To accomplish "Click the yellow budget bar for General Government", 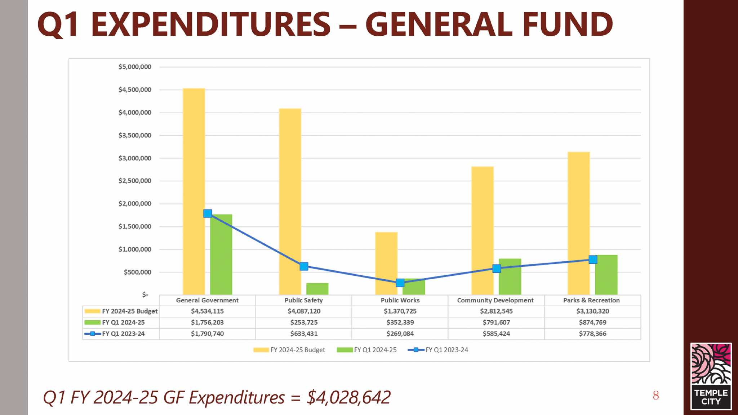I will [194, 191].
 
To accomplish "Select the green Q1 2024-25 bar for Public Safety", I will [317, 289].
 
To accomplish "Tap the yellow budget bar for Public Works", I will [386, 263].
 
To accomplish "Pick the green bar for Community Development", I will [510, 276].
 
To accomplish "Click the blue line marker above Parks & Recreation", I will [593, 260].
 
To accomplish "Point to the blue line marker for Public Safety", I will [304, 266].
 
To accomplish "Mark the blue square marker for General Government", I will [208, 213].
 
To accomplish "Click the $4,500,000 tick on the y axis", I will [135, 90].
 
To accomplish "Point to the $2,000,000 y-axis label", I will [135, 204].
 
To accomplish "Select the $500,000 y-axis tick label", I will [137, 272].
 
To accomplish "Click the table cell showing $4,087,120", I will [304, 311].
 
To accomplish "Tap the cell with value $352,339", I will [400, 322].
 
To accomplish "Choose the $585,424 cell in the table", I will [496, 334].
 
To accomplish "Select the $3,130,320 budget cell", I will [592, 311].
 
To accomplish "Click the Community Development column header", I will [495, 300].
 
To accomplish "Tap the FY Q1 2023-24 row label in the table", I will [123, 334].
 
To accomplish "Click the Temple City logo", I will [711, 376].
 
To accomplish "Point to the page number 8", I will [656, 396].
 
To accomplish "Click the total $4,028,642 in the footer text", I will [348, 397].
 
